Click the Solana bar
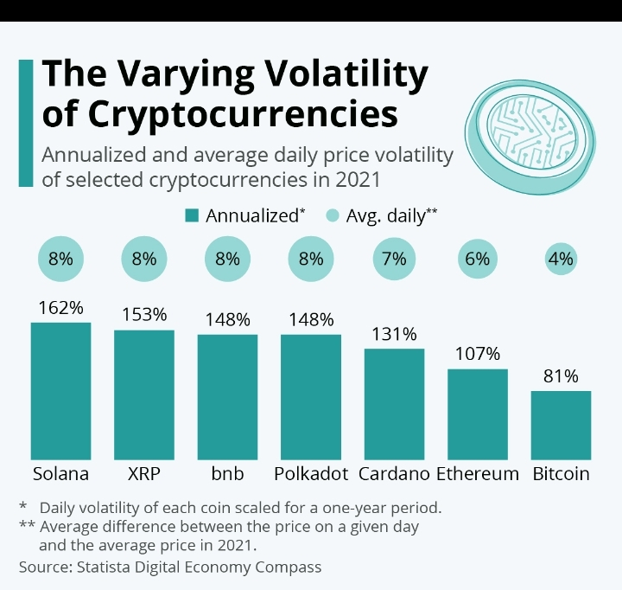tap(60, 390)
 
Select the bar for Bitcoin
tap(561, 425)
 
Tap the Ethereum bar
tap(477, 414)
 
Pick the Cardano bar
tap(394, 403)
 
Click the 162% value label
tap(60, 307)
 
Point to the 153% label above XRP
tap(144, 315)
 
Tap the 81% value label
tap(561, 376)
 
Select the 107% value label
tap(477, 354)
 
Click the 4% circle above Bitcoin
tap(561, 258)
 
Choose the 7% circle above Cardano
tap(394, 258)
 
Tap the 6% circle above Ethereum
tap(477, 258)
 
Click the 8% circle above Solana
tap(60, 258)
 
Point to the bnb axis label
tap(227, 474)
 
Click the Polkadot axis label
tap(310, 474)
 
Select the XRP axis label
tap(144, 474)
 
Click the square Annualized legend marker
tap(192, 215)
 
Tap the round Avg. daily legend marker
tap(332, 215)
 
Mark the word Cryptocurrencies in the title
tap(220, 113)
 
